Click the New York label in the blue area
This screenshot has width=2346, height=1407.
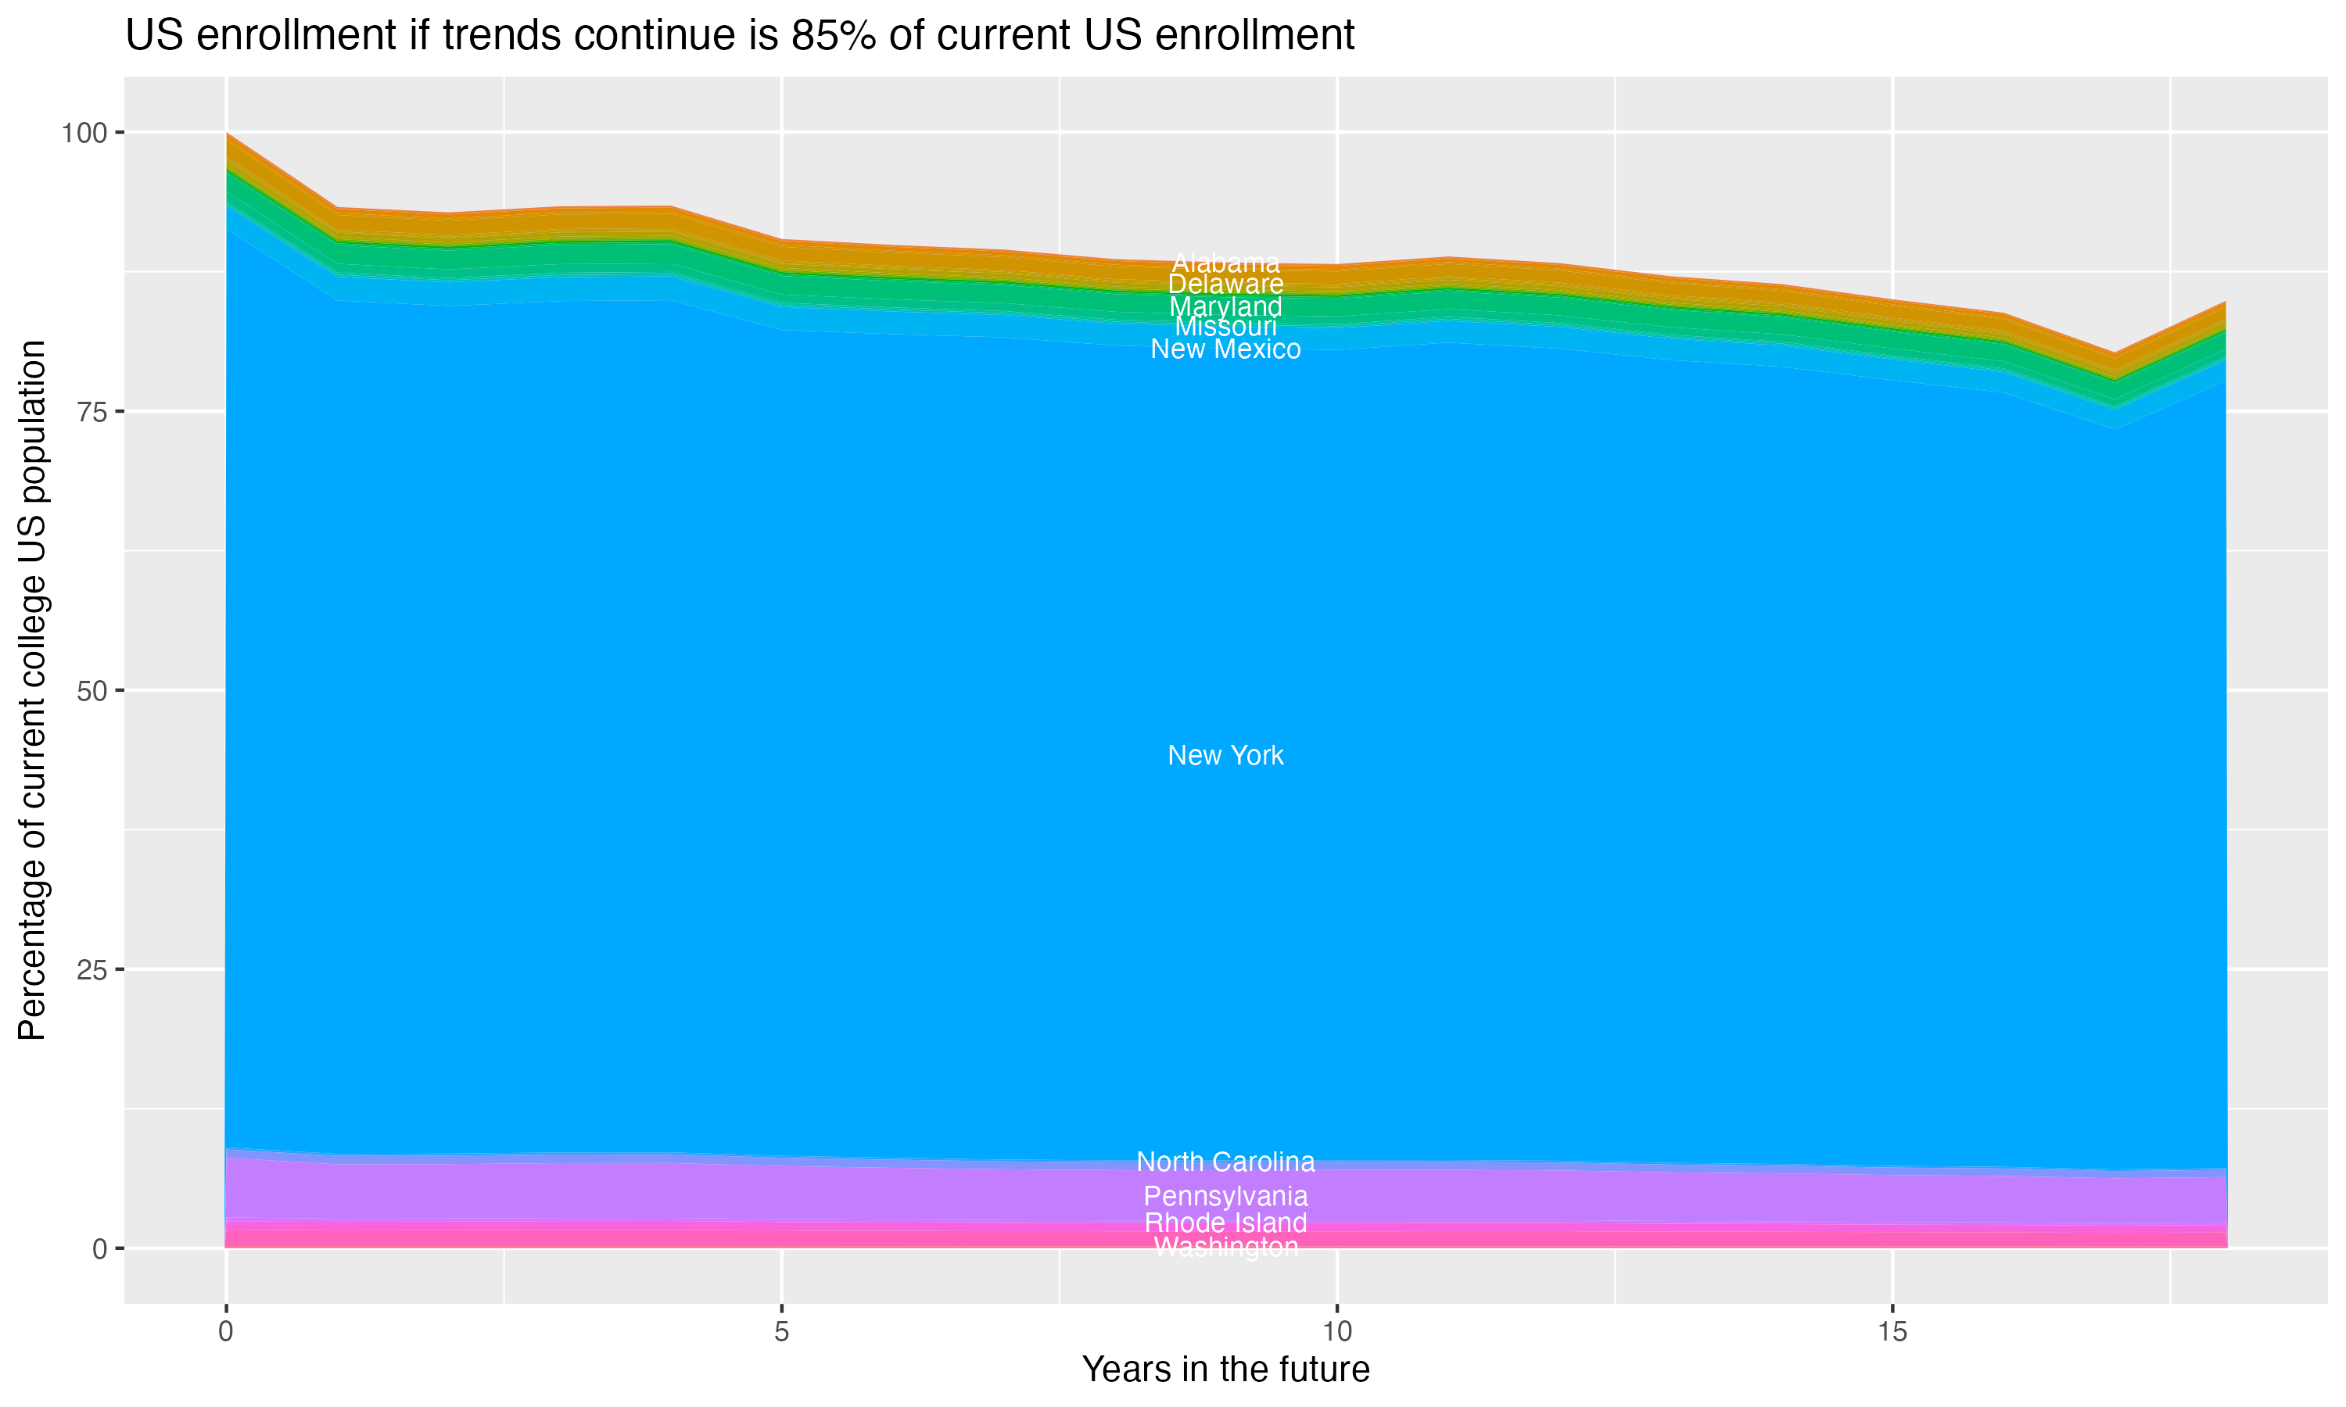coord(1225,756)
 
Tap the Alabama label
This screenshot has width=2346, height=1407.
coord(1225,263)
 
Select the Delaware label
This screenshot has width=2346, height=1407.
coord(1225,285)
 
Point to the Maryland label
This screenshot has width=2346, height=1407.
coord(1225,306)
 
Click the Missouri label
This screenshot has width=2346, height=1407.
coord(1225,327)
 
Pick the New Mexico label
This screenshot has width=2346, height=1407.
coord(1225,349)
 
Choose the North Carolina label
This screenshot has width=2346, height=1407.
coord(1225,1162)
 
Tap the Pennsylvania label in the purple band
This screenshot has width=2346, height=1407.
coord(1225,1196)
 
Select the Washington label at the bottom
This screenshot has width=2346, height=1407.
coord(1225,1247)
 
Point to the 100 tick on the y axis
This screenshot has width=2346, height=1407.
coord(84,133)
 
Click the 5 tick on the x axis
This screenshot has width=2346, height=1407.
coord(781,1332)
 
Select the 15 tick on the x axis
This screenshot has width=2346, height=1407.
coord(1892,1332)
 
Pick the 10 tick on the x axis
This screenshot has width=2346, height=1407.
coord(1336,1332)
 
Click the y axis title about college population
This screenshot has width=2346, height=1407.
coord(32,690)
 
